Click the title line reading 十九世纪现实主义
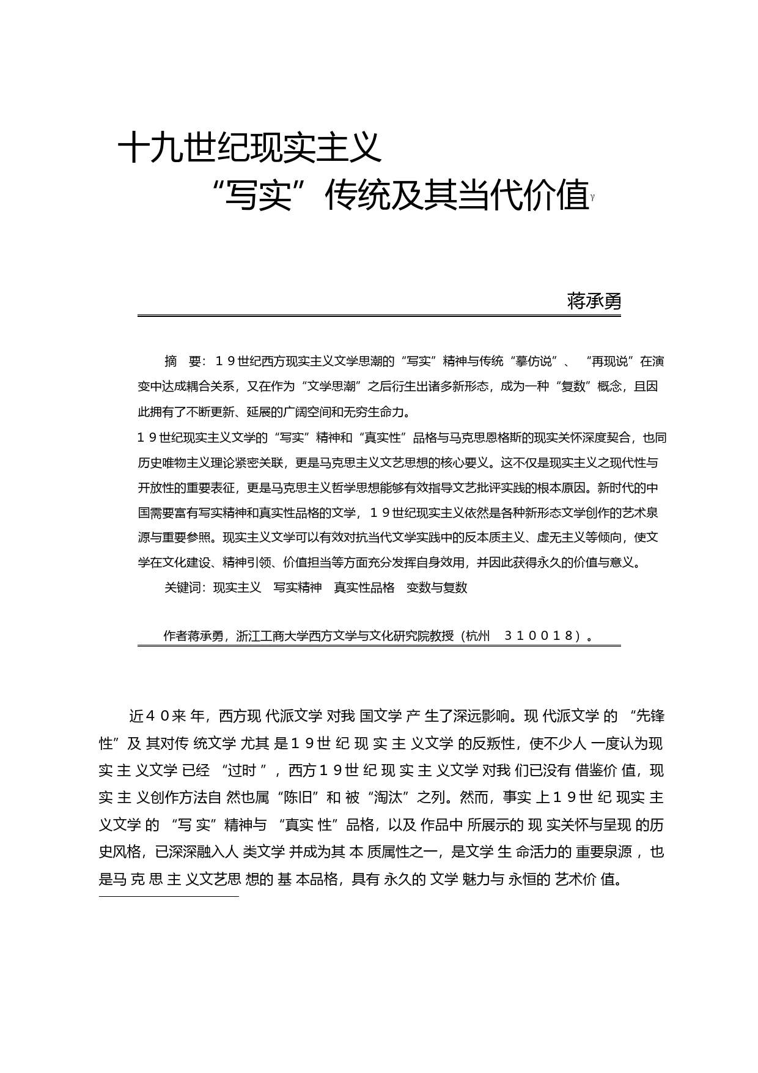[249, 147]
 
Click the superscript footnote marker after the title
[592, 197]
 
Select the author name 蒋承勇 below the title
[594, 301]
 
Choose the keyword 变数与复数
[436, 587]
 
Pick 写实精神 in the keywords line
[297, 587]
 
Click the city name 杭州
[477, 636]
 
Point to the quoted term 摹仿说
[538, 362]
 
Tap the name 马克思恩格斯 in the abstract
[485, 437]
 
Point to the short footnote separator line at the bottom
[169, 897]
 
